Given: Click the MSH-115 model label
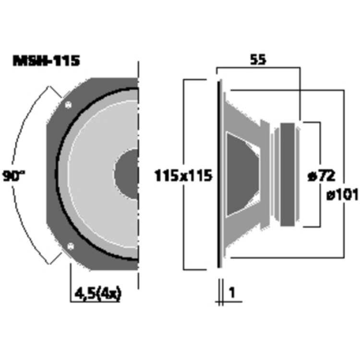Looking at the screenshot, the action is point(46,61).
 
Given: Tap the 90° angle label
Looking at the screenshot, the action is point(13,176).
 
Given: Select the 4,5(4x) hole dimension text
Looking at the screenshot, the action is point(97,294).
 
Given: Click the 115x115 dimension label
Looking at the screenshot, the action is point(183,176).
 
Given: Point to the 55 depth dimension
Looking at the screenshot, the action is point(258,60).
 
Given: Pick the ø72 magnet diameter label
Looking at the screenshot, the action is point(322,176).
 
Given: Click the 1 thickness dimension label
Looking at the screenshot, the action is point(232,293).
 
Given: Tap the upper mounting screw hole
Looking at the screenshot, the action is point(69,105).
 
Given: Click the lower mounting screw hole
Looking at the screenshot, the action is point(70,246).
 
